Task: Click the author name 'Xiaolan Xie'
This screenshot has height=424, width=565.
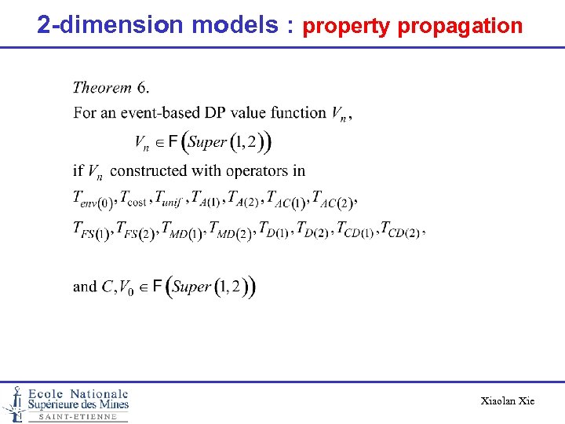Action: (x=507, y=401)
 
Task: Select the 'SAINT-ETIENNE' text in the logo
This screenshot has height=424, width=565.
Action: (x=78, y=417)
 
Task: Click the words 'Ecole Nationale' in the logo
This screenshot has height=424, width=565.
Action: (x=78, y=393)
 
